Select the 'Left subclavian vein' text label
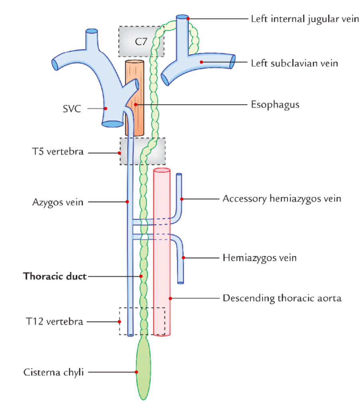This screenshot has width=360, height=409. tap(294, 63)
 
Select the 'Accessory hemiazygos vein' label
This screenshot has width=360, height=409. tap(282, 199)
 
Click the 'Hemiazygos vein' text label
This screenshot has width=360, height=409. tap(259, 258)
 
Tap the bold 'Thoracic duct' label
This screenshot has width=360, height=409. tap(55, 276)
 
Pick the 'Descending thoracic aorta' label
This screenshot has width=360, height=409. tap(282, 298)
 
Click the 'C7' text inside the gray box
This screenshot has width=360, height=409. tap(141, 41)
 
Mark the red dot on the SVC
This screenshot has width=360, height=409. tap(105, 108)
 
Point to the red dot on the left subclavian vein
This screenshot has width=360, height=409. tap(202, 62)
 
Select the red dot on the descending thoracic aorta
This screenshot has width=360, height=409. tap(170, 298)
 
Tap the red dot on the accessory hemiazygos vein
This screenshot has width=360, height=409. tap(181, 199)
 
